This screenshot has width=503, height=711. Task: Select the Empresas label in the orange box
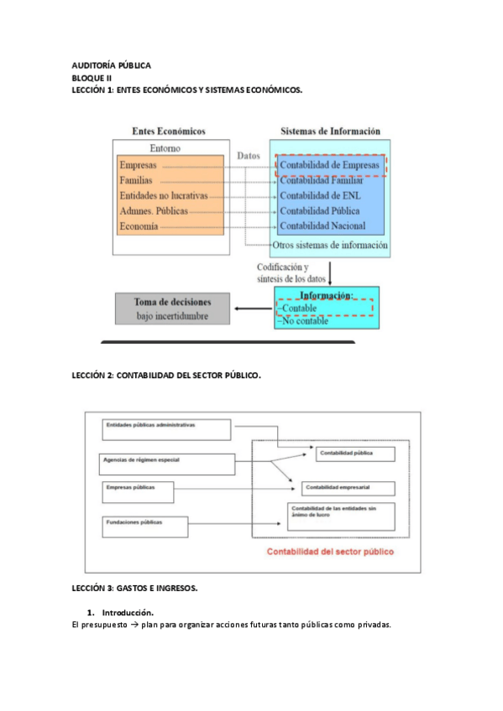[x=139, y=165]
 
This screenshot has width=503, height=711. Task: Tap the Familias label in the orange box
[x=136, y=180]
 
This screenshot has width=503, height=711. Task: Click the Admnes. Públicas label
[x=154, y=210]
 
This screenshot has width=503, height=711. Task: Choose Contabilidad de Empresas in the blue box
[x=329, y=165]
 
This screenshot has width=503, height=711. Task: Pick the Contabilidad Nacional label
[x=322, y=226]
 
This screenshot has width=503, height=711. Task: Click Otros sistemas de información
[x=330, y=246]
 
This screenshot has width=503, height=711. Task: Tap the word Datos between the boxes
[x=249, y=156]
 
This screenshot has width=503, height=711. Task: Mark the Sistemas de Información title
[x=329, y=131]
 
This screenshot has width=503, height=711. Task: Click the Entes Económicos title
[x=169, y=131]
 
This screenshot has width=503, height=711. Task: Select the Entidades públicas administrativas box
[x=165, y=429]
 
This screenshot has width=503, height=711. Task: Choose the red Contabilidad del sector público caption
[x=329, y=552]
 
